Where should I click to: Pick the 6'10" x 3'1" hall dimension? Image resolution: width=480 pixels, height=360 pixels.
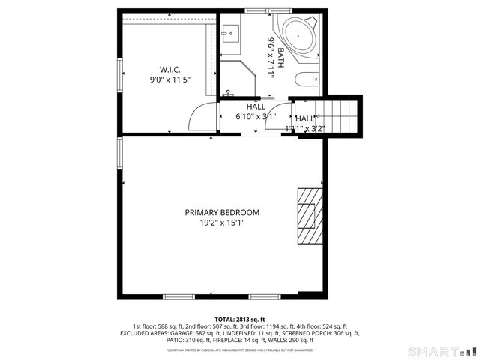[x=256, y=116]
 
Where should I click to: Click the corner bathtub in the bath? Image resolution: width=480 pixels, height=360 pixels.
[x=297, y=34]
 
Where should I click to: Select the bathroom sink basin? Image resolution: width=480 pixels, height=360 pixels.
[x=230, y=32]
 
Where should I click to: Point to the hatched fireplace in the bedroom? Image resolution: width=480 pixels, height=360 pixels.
[x=307, y=217]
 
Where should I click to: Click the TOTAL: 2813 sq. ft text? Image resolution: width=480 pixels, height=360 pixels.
[x=239, y=318]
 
